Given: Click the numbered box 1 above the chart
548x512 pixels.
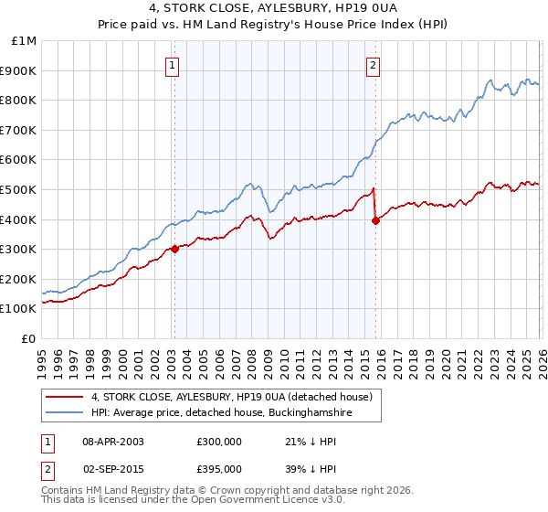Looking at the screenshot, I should pyautogui.click(x=174, y=64).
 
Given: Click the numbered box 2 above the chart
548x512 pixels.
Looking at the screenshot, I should pyautogui.click(x=374, y=64).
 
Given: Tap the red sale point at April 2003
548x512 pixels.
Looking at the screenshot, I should pyautogui.click(x=174, y=249).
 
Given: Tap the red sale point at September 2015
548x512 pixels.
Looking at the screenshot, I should pyautogui.click(x=375, y=220).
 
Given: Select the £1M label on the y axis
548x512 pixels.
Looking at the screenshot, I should pyautogui.click(x=24, y=40).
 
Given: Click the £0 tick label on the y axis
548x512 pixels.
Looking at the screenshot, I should pyautogui.click(x=28, y=338).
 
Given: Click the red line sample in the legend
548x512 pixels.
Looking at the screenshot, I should pyautogui.click(x=66, y=398).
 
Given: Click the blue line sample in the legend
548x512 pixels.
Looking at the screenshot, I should pyautogui.click(x=66, y=413).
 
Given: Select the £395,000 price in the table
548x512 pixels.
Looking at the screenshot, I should pyautogui.click(x=218, y=468).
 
